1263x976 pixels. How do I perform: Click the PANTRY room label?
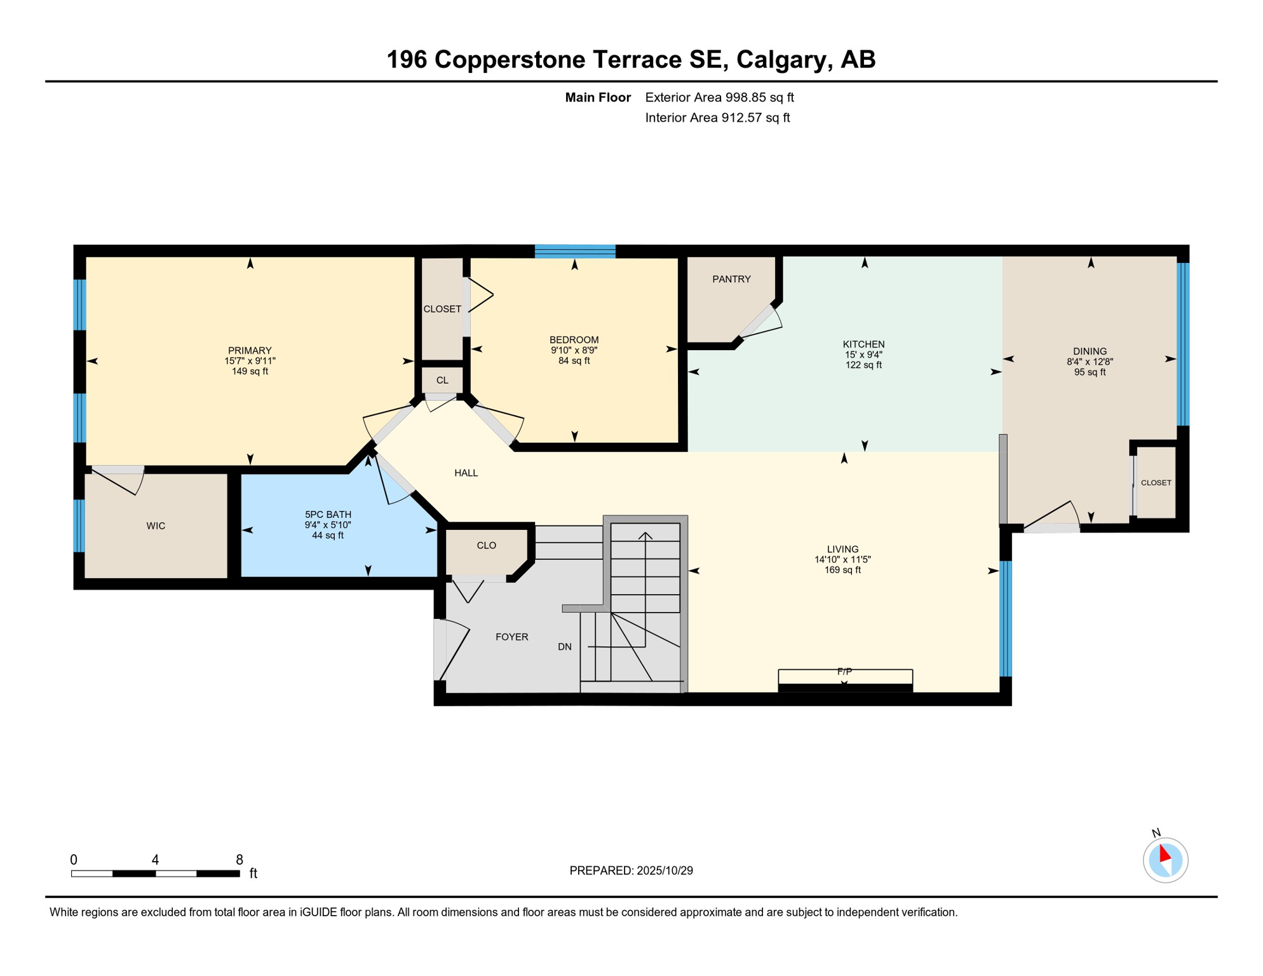click(731, 279)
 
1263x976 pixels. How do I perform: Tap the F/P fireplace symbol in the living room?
click(845, 679)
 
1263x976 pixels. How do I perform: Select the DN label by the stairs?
click(564, 647)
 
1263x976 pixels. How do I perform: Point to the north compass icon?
click(1165, 860)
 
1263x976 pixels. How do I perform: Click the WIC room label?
click(156, 525)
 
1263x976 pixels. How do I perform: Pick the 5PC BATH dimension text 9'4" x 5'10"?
click(328, 525)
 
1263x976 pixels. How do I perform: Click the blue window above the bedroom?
click(575, 251)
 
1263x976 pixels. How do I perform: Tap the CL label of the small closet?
click(442, 380)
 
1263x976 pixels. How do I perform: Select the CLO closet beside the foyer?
click(486, 545)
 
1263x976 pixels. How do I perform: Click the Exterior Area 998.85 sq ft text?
click(719, 97)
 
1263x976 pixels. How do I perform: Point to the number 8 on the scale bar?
click(239, 860)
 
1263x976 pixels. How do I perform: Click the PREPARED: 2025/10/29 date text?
click(631, 871)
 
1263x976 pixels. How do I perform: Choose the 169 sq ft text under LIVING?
click(842, 570)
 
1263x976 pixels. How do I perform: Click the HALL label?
click(466, 473)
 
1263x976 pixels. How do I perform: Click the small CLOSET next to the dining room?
click(1156, 482)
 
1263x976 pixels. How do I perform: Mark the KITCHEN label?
click(863, 344)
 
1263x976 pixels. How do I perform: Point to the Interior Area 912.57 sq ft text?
click(717, 118)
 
